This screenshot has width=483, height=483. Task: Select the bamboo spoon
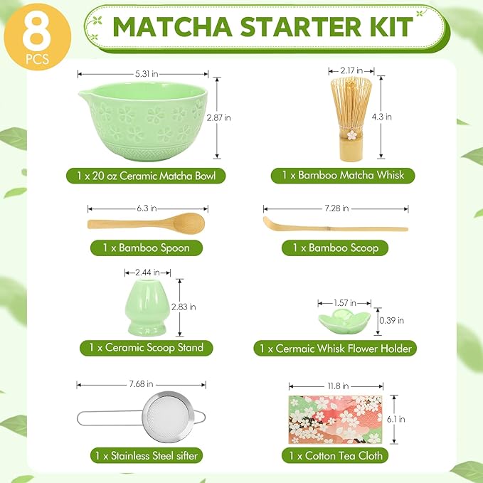click(x=146, y=223)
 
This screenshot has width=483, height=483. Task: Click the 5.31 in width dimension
click(x=142, y=73)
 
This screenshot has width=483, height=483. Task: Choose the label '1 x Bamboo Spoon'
click(x=147, y=248)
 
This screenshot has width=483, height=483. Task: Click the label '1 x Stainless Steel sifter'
click(x=145, y=455)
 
